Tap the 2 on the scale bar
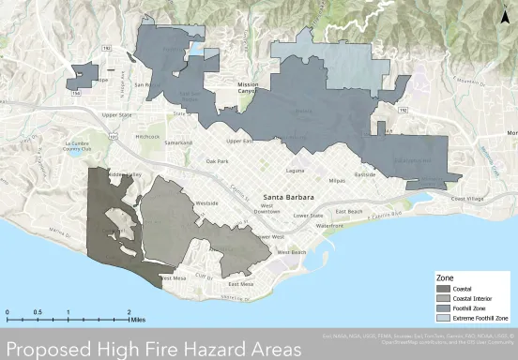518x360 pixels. click(x=129, y=310)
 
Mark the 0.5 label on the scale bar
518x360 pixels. click(x=38, y=310)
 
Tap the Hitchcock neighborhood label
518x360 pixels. click(x=147, y=137)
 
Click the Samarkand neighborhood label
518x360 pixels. click(x=178, y=143)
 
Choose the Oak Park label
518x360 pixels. click(x=218, y=161)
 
